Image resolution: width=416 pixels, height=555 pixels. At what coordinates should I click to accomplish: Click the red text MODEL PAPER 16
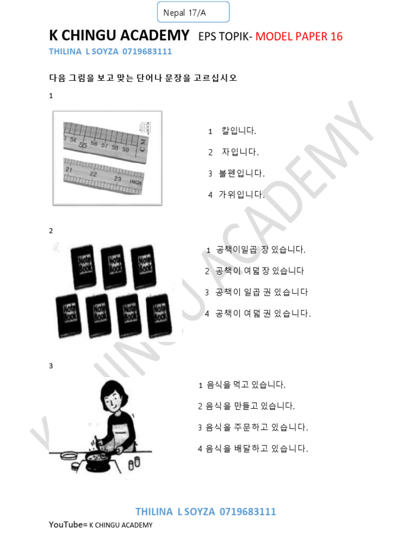pyautogui.click(x=299, y=36)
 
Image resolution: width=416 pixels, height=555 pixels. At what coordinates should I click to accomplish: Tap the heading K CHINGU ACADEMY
pyautogui.click(x=119, y=36)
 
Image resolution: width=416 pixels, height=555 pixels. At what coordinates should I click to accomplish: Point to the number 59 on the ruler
pyautogui.click(x=126, y=148)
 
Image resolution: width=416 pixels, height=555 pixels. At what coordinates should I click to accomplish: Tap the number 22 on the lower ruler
pyautogui.click(x=94, y=175)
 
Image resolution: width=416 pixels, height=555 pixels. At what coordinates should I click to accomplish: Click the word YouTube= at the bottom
pyautogui.click(x=67, y=525)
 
